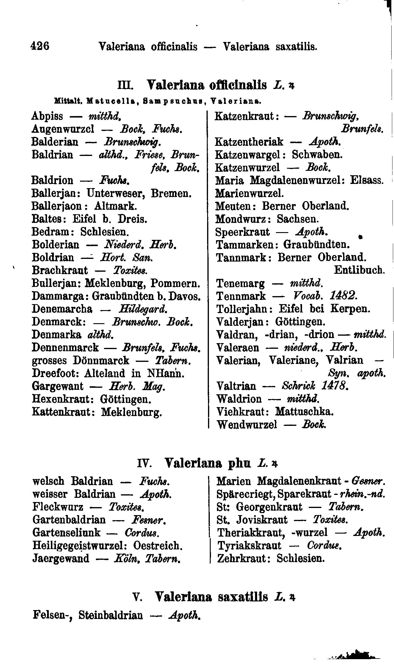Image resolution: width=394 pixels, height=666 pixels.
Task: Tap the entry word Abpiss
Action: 47,116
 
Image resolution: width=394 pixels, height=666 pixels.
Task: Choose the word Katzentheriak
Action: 249,142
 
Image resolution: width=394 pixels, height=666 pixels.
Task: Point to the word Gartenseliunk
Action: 67,532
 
